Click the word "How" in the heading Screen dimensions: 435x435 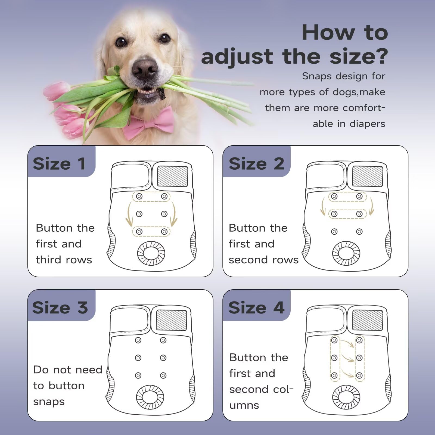pos(328,33)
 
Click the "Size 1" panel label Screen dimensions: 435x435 pos(59,164)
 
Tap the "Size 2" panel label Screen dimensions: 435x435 pos(256,164)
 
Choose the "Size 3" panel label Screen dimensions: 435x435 pos(60,307)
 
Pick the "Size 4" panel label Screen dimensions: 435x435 pos(256,307)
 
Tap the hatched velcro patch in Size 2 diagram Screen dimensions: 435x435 pos(367,176)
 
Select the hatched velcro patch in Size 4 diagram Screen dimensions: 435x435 pos(367,320)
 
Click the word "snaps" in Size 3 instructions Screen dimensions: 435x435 pos(49,402)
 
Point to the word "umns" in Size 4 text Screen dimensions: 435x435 pos(244,405)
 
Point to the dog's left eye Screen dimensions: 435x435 pos(165,38)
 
